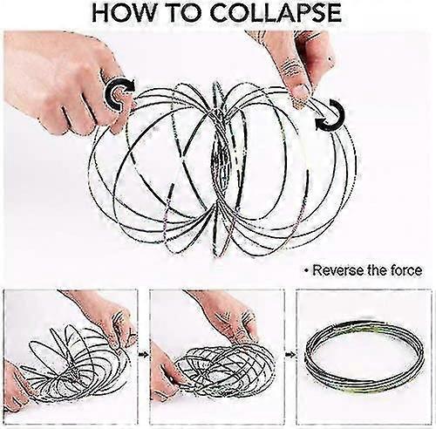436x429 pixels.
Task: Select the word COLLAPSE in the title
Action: tap(277, 14)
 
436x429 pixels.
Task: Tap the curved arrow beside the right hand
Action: tap(330, 115)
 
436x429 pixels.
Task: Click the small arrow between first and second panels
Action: tap(143, 355)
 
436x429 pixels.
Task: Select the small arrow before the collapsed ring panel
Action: tap(290, 355)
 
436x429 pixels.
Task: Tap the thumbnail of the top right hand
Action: tap(299, 93)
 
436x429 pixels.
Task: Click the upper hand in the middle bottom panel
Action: tap(227, 316)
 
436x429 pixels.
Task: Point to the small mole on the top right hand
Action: tap(330, 59)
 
